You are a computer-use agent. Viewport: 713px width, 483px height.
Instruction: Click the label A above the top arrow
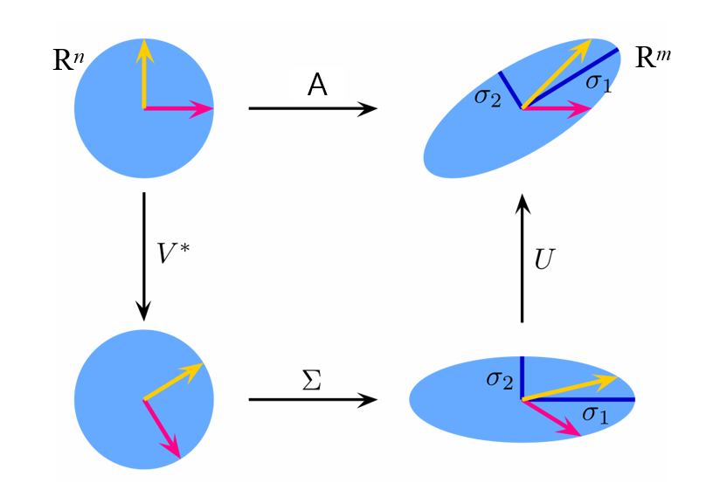pyautogui.click(x=319, y=85)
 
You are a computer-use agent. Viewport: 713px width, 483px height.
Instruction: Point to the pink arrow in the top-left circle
pyautogui.click(x=178, y=108)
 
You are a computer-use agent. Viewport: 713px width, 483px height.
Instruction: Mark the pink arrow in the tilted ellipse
pyautogui.click(x=557, y=108)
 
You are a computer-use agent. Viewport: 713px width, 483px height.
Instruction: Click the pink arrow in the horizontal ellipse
pyautogui.click(x=552, y=417)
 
